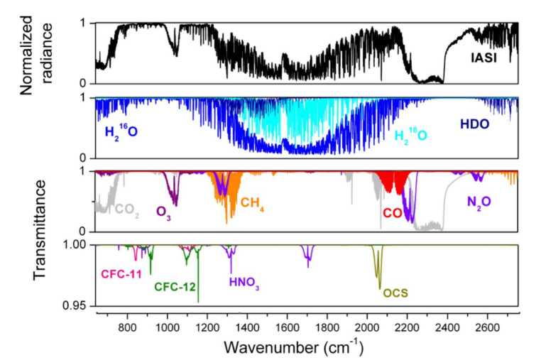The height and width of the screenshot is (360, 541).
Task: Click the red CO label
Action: pyautogui.click(x=393, y=212)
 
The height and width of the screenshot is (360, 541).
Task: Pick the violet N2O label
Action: pyautogui.click(x=479, y=202)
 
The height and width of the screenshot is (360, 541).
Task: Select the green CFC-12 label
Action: pyautogui.click(x=175, y=286)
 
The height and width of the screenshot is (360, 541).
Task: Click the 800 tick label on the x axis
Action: pyautogui.click(x=128, y=327)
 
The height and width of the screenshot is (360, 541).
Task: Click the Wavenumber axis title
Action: pyautogui.click(x=293, y=348)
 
